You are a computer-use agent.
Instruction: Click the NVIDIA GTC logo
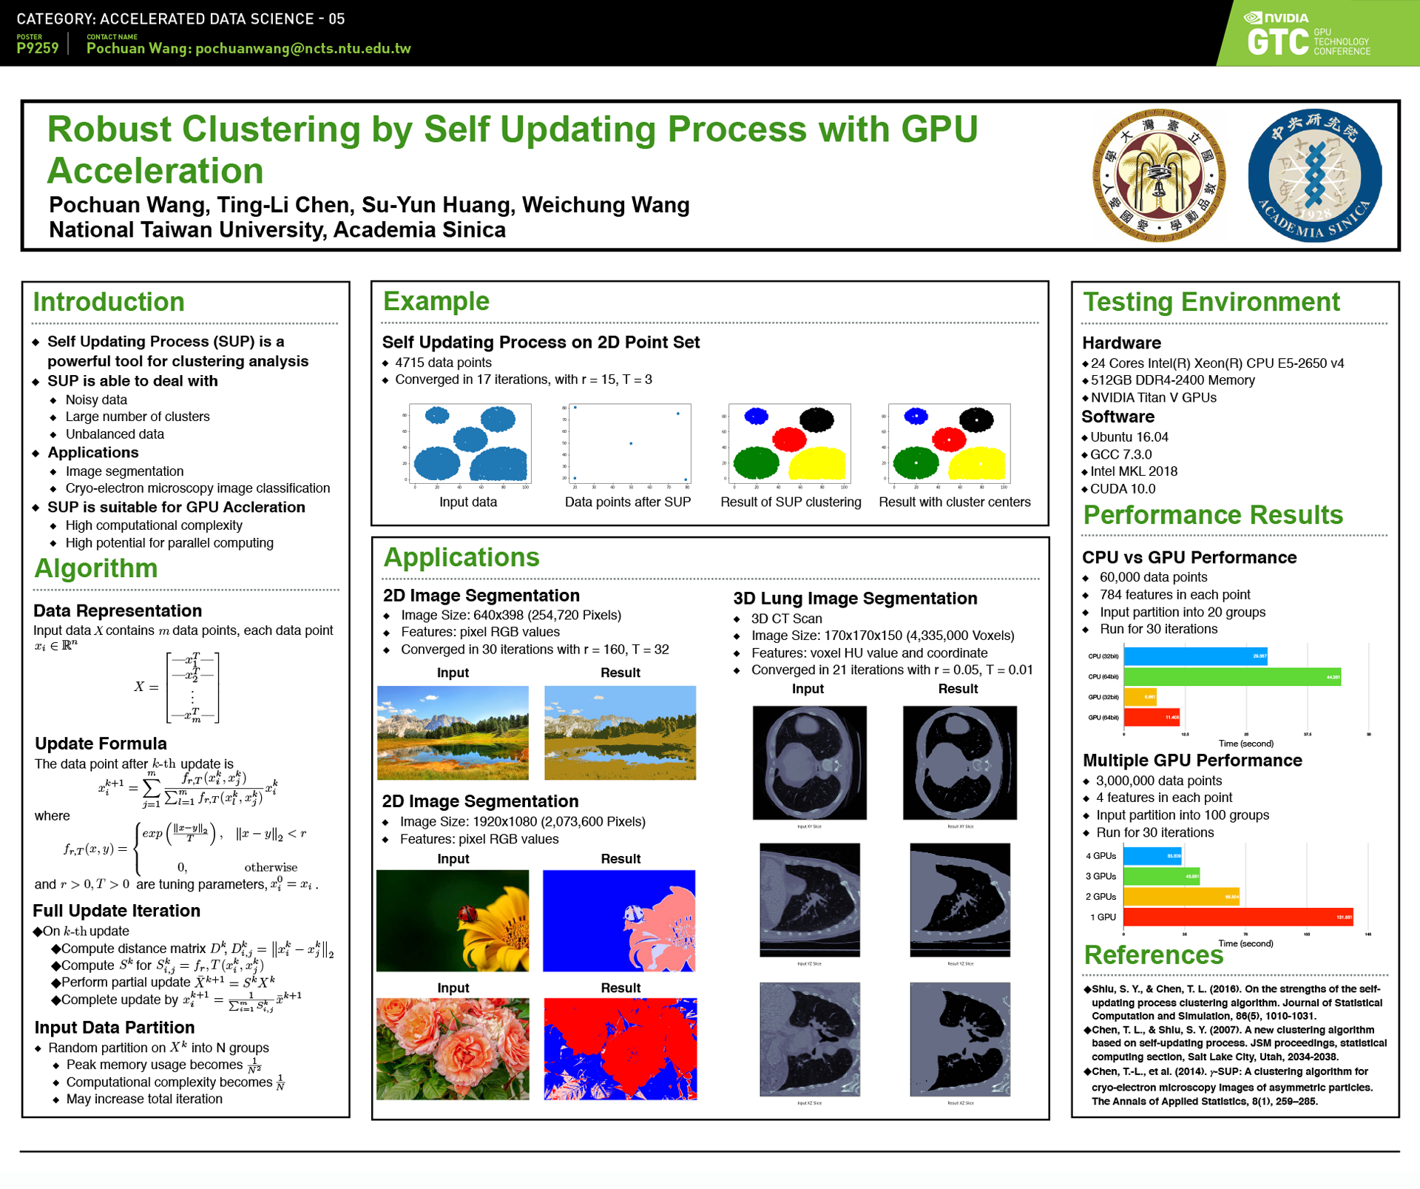[1308, 35]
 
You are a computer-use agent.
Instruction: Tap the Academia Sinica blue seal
[1314, 175]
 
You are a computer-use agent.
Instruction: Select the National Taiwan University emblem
[1159, 175]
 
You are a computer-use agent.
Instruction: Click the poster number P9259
[38, 48]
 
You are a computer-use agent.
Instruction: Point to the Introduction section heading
[109, 302]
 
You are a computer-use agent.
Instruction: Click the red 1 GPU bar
[1237, 917]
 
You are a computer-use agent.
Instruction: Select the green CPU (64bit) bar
[1231, 676]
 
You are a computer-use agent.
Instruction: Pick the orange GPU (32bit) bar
[1140, 697]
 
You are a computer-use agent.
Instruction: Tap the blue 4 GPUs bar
[1152, 856]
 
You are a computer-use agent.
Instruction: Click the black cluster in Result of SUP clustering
[816, 420]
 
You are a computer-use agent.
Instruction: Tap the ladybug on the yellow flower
[467, 915]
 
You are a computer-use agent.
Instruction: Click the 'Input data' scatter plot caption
[468, 502]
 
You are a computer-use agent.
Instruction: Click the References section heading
[1153, 955]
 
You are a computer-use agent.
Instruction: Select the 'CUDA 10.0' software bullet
[1123, 488]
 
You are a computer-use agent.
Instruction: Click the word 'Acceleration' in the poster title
[155, 171]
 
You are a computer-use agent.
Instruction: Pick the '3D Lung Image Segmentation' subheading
[855, 598]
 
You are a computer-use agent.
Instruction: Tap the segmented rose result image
[620, 1048]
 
